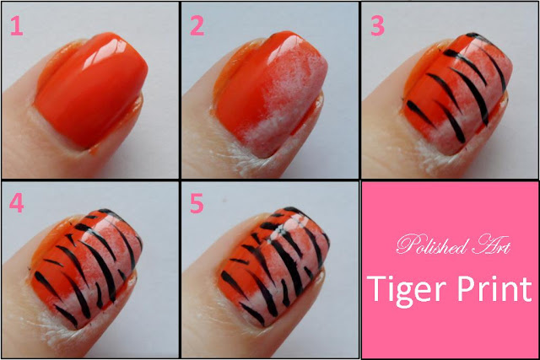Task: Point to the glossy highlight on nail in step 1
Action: click(114, 51)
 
